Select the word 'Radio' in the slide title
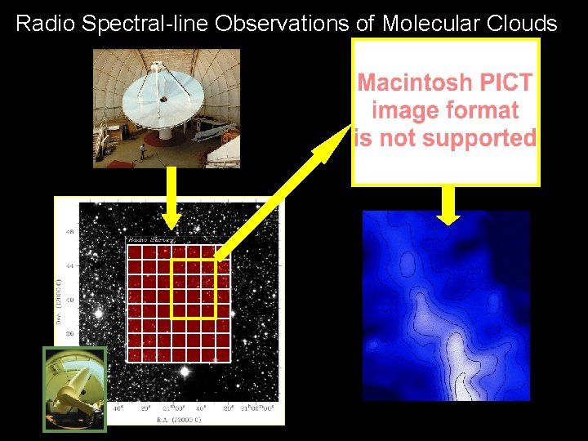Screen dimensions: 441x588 (x=42, y=23)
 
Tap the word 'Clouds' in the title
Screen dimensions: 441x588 (x=523, y=23)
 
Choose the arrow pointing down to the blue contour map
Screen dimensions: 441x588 (x=448, y=204)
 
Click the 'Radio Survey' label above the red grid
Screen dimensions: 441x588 (x=146, y=240)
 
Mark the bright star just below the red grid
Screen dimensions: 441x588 (x=185, y=372)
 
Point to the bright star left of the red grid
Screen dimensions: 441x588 (x=99, y=313)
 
